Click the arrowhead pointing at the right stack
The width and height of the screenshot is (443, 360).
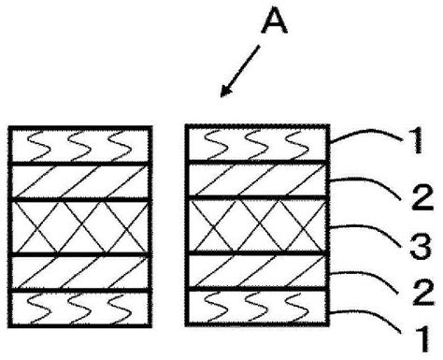click(225, 91)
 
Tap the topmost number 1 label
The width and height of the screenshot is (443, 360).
click(415, 140)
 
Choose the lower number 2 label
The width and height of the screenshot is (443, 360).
click(423, 292)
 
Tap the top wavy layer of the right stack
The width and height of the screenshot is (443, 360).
click(257, 143)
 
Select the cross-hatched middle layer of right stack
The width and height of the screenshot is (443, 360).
click(257, 225)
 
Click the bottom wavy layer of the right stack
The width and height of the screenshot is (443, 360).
click(257, 308)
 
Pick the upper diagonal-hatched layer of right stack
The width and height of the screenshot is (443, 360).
click(257, 180)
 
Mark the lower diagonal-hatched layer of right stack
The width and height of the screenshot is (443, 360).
click(257, 271)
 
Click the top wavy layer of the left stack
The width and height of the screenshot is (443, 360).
click(80, 145)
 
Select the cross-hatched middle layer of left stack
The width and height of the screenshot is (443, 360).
click(80, 227)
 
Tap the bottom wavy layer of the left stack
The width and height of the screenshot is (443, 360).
click(80, 309)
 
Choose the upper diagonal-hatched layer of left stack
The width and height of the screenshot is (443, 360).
click(80, 181)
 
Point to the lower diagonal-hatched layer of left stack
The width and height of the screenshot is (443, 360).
click(80, 273)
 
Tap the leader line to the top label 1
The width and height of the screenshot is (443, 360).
click(367, 133)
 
